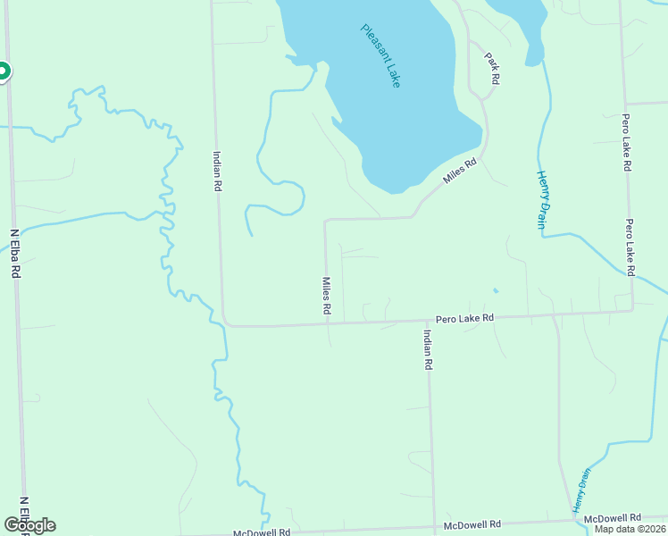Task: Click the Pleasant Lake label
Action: (381, 54)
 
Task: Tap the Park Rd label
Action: (492, 68)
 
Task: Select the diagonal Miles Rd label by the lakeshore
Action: (462, 172)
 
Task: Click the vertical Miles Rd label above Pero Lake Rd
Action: (327, 294)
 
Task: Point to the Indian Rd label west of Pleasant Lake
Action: (216, 171)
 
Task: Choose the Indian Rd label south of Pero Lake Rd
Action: (428, 348)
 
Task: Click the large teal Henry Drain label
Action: (540, 199)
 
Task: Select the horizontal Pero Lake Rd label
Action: (464, 318)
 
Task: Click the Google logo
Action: (29, 525)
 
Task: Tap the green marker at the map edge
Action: (3, 71)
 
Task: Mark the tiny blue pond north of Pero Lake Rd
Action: (495, 289)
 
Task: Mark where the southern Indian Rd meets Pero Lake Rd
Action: (428, 320)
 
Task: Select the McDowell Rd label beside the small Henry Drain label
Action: (612, 518)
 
